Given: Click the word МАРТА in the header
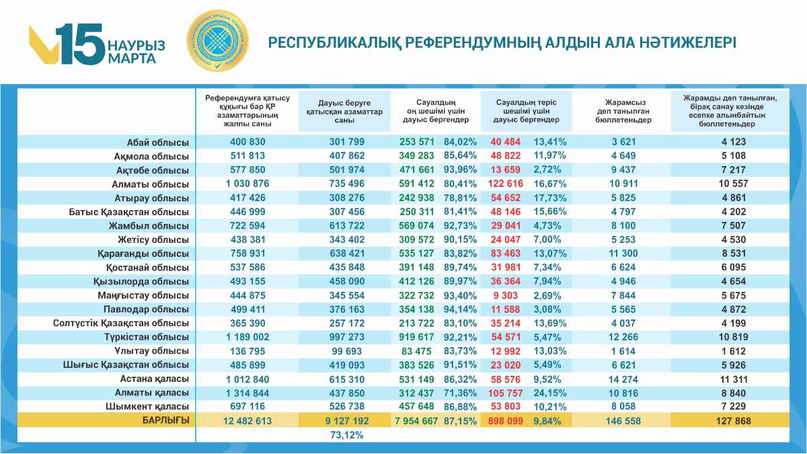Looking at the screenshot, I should click(132, 58).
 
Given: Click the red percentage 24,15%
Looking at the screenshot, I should click(550, 392).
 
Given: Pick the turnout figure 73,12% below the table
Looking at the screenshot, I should click(347, 434).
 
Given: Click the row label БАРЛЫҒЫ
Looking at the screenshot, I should click(165, 420).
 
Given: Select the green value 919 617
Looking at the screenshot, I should click(417, 336).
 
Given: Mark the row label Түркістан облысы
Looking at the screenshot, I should click(147, 336).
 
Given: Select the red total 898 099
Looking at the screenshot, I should click(508, 420).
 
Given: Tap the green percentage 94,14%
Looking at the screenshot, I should click(461, 309).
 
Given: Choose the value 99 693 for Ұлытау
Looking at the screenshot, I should click(347, 350).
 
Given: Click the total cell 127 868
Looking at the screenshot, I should click(730, 420).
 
